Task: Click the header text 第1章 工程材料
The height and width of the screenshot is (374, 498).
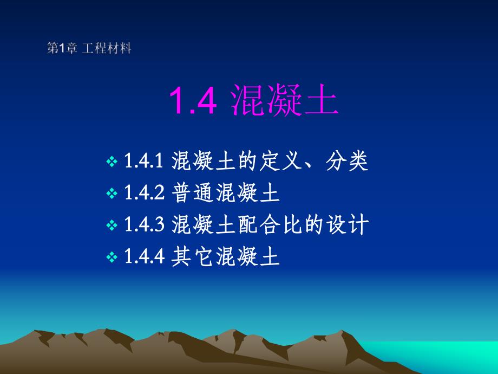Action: [89, 49]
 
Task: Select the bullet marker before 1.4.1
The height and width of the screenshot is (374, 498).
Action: [112, 162]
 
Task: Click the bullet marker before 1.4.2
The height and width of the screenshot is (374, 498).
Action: [112, 194]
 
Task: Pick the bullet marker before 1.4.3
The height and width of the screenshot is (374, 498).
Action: [112, 225]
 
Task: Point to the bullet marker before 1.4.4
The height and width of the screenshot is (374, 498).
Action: [112, 257]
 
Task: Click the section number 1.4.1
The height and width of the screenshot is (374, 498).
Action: [144, 162]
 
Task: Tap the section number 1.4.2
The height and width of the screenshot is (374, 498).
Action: [144, 193]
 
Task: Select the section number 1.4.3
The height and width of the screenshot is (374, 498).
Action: [144, 225]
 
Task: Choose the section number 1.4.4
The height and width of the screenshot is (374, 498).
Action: [144, 256]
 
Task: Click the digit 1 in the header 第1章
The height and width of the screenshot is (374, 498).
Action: [61, 49]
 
